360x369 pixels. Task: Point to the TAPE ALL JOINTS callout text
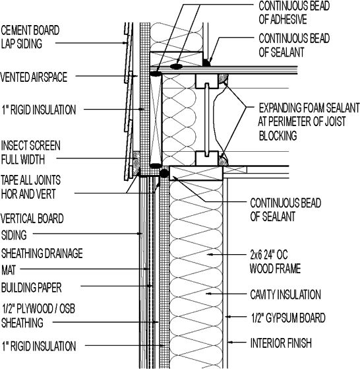[x=37, y=186]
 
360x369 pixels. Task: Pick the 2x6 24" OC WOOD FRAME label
[x=275, y=261]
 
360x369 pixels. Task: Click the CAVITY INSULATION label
[x=285, y=295]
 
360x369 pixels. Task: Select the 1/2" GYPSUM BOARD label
[x=287, y=318]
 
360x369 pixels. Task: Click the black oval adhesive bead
[x=177, y=66]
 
